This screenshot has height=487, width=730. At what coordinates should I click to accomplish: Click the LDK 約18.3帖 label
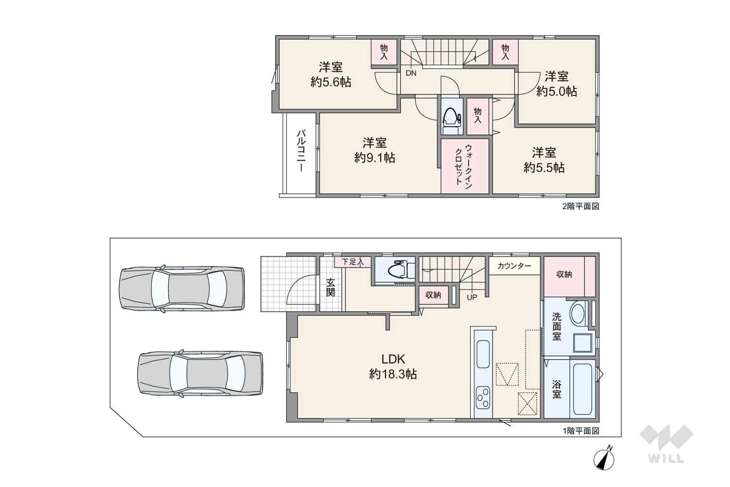tap(393, 366)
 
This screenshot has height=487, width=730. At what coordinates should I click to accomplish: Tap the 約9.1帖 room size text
tap(375, 158)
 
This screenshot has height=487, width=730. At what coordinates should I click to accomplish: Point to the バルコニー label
tap(301, 151)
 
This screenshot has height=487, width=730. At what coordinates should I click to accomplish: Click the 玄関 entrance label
tap(330, 287)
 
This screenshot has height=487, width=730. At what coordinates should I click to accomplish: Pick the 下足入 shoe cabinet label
tap(352, 262)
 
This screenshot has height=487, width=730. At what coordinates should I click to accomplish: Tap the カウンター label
tap(514, 266)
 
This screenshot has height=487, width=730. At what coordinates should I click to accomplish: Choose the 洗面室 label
tap(557, 326)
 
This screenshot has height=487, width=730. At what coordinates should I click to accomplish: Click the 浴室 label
tap(557, 389)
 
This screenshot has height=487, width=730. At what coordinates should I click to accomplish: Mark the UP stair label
tap(472, 297)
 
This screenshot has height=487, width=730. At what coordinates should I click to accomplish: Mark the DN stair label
tap(411, 73)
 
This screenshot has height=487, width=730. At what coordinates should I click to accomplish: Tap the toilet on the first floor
tap(400, 269)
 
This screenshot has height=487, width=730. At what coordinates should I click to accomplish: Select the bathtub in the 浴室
tap(582, 389)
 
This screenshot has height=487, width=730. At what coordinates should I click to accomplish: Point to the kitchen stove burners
tap(483, 397)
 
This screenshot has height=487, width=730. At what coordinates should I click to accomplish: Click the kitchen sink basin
tap(483, 354)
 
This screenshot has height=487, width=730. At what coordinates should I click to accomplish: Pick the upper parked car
tap(182, 288)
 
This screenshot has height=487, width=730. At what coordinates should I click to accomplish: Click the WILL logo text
tap(666, 458)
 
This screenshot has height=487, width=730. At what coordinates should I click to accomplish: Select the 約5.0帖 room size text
tap(557, 91)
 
